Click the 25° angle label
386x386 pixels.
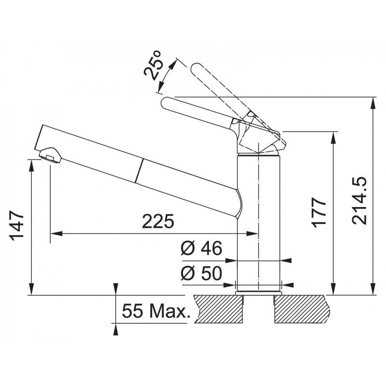(x=152, y=66)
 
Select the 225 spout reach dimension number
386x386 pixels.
(x=158, y=221)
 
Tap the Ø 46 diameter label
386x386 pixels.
(x=201, y=248)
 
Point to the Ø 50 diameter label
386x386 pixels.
(x=201, y=273)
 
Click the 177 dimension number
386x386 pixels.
(x=319, y=212)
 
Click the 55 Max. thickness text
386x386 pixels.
(x=156, y=311)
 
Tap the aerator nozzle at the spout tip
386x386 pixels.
(x=50, y=155)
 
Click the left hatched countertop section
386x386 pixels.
(x=219, y=309)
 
